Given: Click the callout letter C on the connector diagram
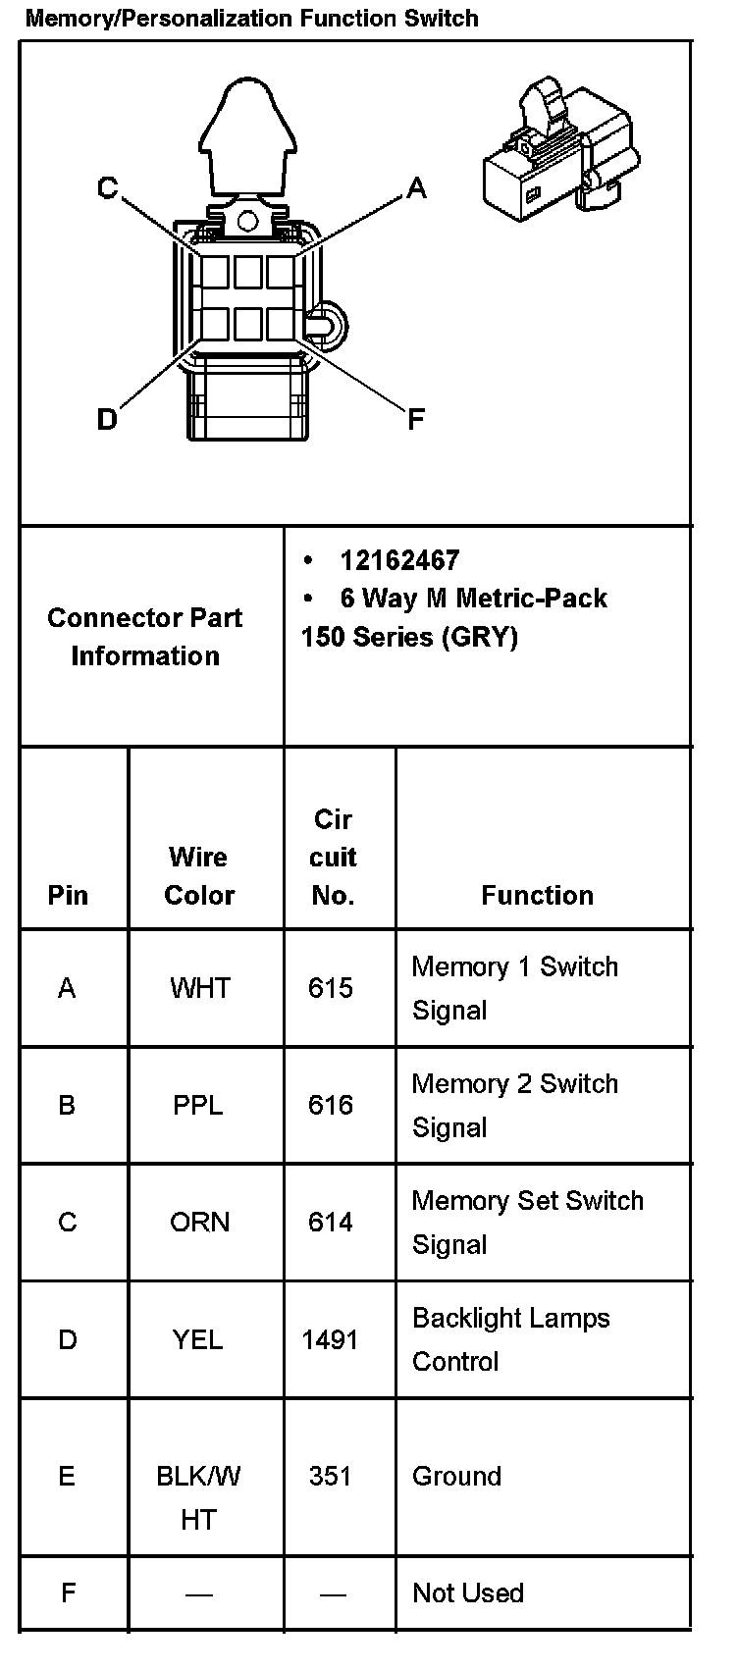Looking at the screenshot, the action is coord(108,187).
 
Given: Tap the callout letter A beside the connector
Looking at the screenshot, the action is coord(416,187).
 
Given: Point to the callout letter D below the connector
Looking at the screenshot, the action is coord(107,420).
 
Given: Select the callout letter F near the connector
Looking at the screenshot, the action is coord(416,420).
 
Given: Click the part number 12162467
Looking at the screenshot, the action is coord(399,560).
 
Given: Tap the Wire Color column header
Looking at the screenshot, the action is coord(199,875).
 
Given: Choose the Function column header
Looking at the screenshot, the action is coord(537,895).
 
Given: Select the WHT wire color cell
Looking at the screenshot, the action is coord(199,988).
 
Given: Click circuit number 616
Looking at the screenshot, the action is coord(331,1105).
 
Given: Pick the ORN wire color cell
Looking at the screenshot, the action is coord(199,1223).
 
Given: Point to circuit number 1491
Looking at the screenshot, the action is coord(331,1339).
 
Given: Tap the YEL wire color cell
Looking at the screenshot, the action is coord(198,1339).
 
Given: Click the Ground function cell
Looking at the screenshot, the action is coord(456,1476).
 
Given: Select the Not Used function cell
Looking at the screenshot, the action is coord(468,1592).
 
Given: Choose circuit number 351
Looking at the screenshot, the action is coord(331,1476).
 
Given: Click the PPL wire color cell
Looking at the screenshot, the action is coord(198,1105).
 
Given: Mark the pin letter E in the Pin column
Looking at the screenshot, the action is coord(67,1476).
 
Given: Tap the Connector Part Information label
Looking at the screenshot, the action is coord(145,637).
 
